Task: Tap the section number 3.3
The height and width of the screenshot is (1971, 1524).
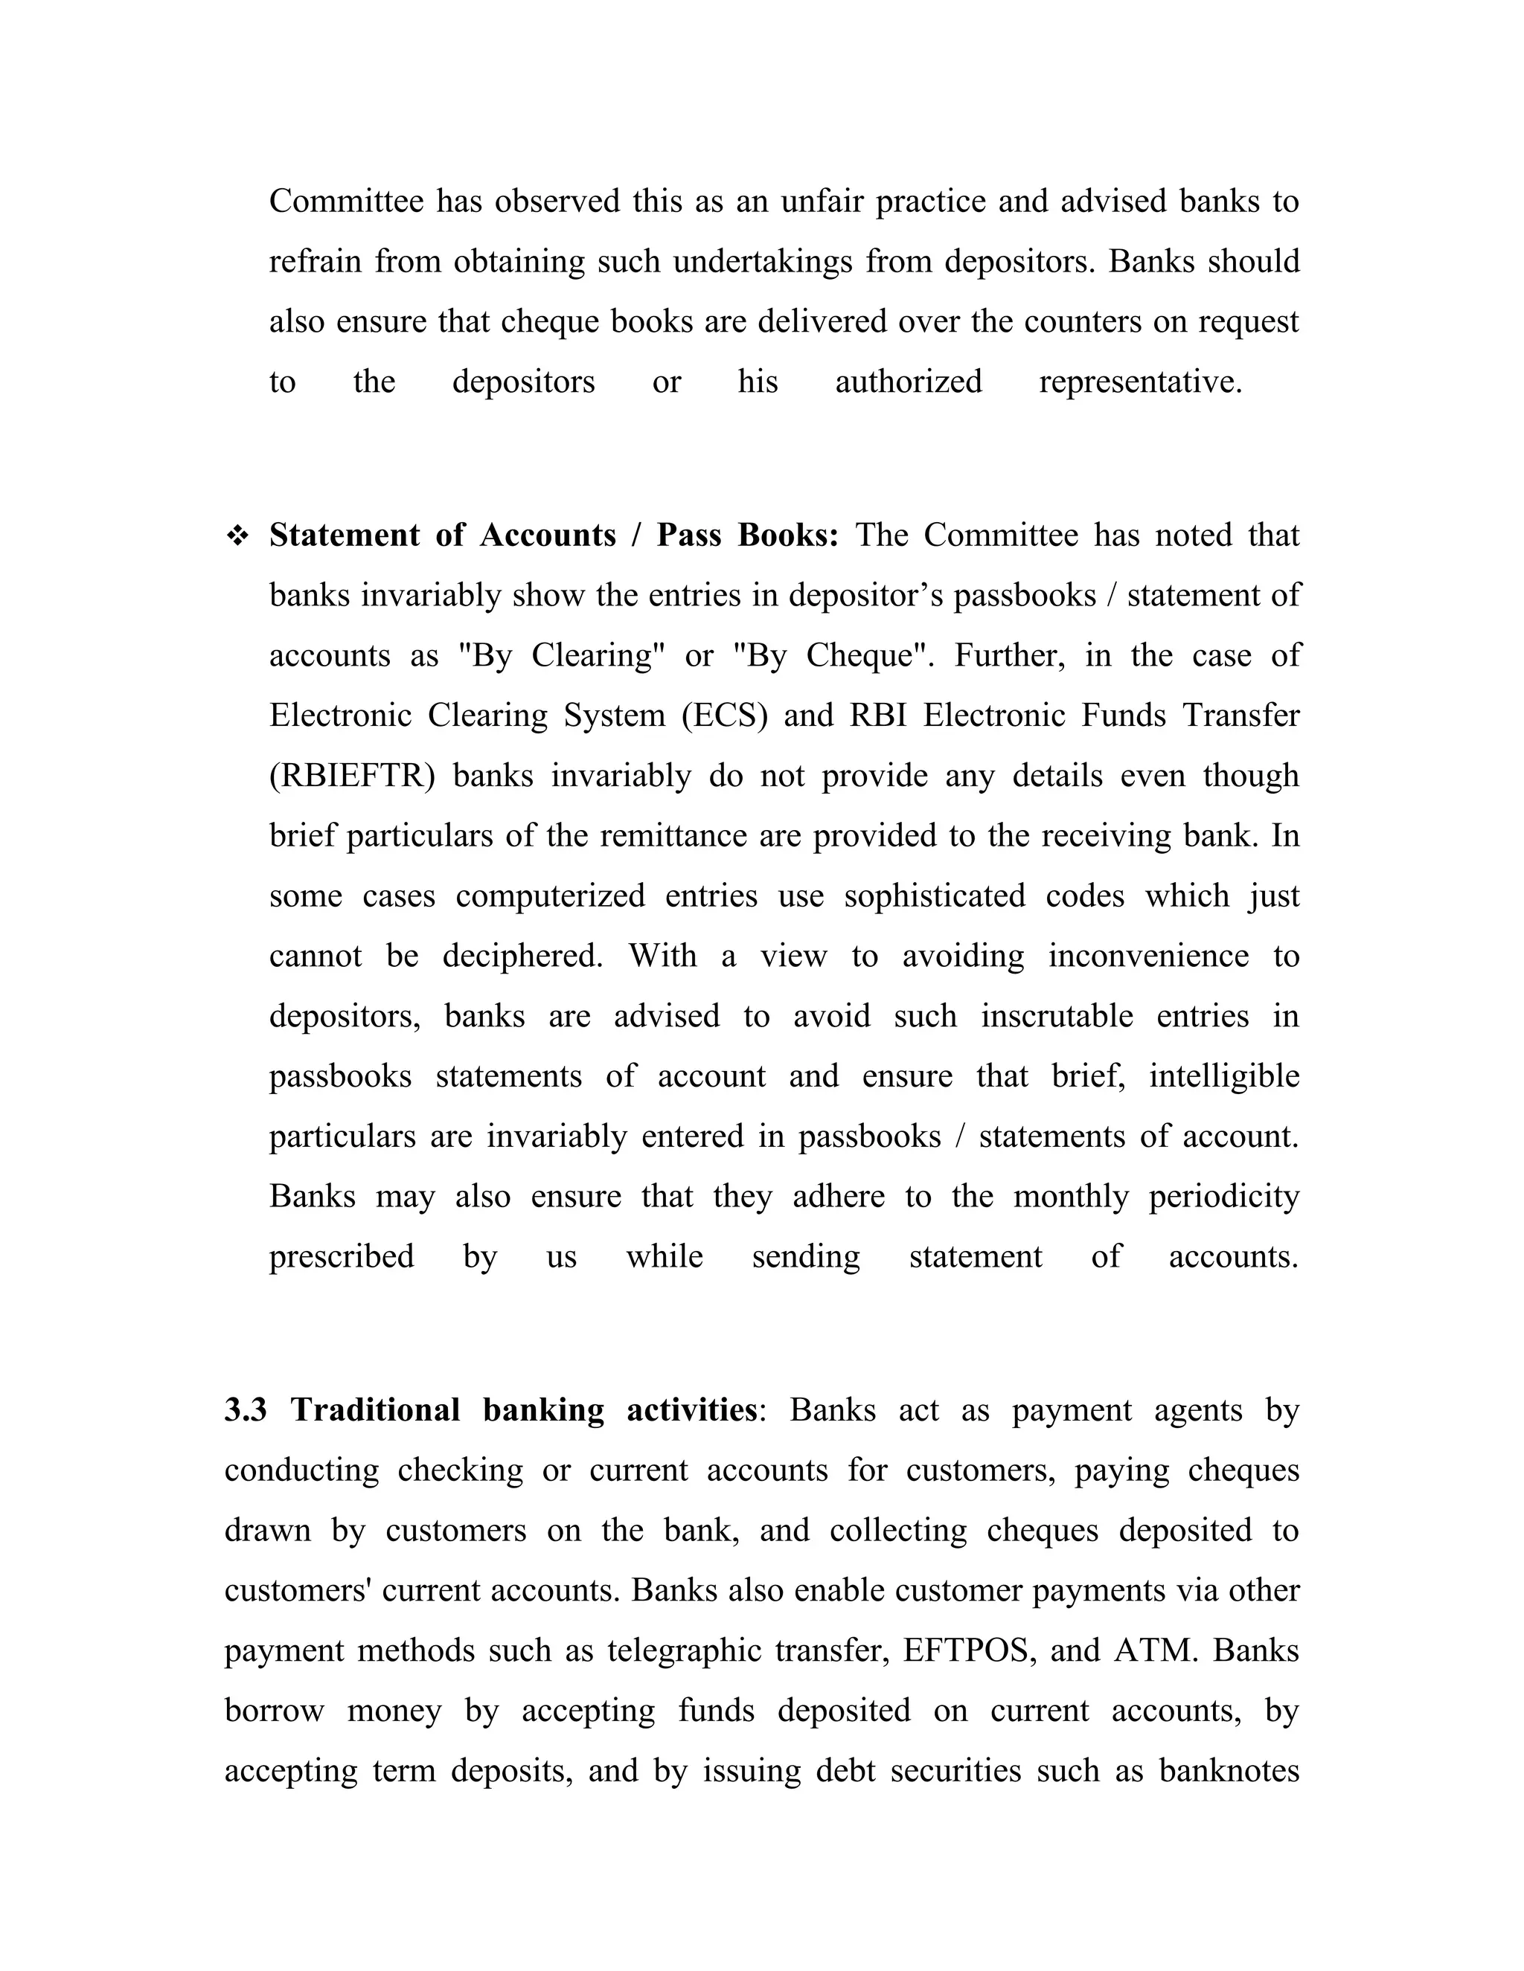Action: pyautogui.click(x=246, y=1409)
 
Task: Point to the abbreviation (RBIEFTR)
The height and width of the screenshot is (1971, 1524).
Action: pyautogui.click(x=352, y=776)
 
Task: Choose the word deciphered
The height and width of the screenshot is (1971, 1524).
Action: pyautogui.click(x=522, y=956)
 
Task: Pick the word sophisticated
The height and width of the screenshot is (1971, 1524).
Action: pyautogui.click(x=935, y=896)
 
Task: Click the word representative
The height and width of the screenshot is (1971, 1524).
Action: pyautogui.click(x=1140, y=382)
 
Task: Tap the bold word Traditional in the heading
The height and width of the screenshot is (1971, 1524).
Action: pyautogui.click(x=375, y=1409)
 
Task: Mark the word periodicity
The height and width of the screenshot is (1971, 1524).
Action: pyautogui.click(x=1223, y=1197)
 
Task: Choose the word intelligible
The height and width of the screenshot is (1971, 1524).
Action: pyautogui.click(x=1223, y=1077)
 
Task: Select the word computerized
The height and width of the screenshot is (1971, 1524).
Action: pyautogui.click(x=550, y=896)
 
